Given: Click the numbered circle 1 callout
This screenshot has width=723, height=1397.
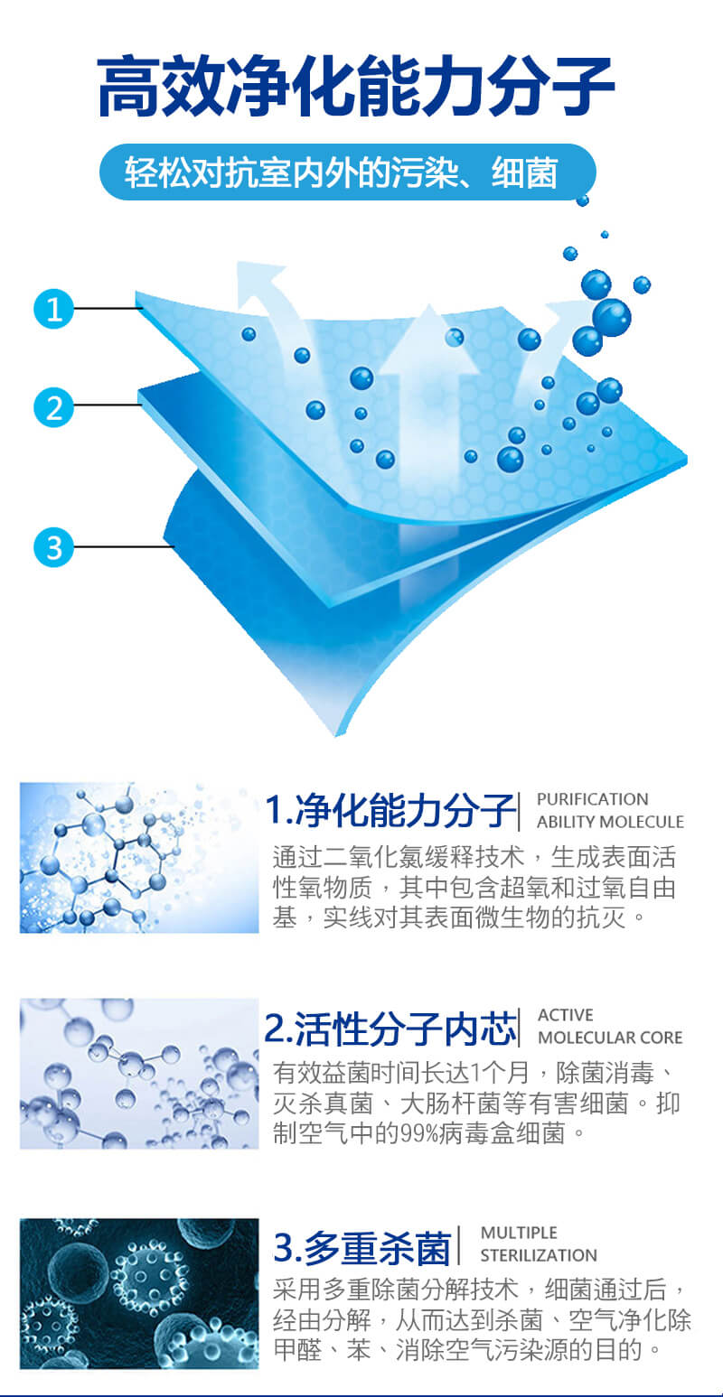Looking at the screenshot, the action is (x=53, y=308).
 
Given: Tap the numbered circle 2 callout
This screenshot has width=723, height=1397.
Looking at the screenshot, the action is (x=53, y=407).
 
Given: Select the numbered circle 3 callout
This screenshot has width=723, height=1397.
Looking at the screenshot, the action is (x=53, y=547).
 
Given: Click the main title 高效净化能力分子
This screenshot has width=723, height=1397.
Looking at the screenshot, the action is (x=356, y=86).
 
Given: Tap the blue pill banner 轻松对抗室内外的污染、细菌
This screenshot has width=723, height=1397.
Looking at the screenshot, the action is (x=348, y=172).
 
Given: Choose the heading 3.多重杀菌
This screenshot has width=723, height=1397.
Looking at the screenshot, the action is (x=362, y=1247).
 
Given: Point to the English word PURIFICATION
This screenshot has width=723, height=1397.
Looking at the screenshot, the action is (x=593, y=799).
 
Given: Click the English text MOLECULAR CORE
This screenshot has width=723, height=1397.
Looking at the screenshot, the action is (x=610, y=1038).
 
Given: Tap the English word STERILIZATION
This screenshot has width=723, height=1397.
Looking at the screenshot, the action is (x=539, y=1255).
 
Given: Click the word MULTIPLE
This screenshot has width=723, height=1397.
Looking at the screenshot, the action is (x=519, y=1233).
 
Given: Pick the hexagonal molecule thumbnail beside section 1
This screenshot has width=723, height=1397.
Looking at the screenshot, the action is (x=139, y=858).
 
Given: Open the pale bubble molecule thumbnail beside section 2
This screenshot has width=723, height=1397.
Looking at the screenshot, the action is (x=139, y=1074).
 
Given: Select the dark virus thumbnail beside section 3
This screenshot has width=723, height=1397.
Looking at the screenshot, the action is (x=139, y=1293).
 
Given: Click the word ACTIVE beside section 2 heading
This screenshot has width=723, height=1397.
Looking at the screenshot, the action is (x=566, y=1015).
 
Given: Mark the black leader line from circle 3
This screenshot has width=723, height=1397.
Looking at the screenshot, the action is (x=124, y=547).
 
